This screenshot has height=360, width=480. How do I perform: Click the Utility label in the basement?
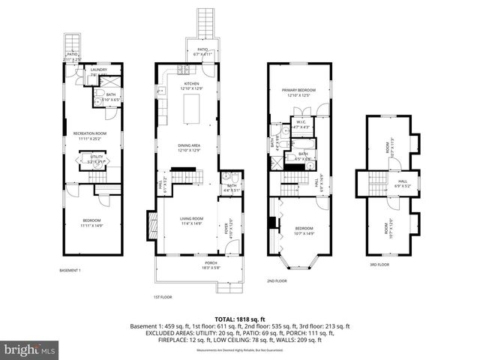click(x=97, y=159)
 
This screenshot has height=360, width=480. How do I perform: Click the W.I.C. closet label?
click(x=300, y=124)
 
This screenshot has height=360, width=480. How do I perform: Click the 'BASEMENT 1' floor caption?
click(x=70, y=270)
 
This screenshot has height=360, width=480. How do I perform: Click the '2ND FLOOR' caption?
click(x=277, y=280)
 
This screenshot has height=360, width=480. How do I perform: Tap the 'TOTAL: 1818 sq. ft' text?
click(x=241, y=319)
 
